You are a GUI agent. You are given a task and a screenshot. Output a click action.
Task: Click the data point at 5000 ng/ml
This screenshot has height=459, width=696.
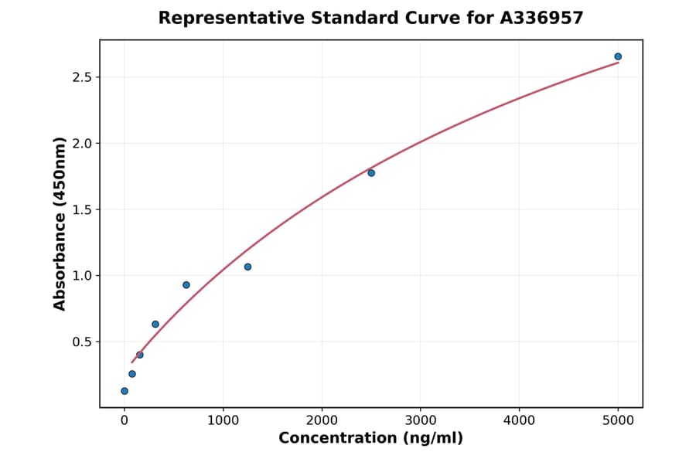click(x=618, y=56)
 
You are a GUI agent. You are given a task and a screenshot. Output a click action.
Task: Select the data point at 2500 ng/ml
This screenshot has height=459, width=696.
click(x=371, y=173)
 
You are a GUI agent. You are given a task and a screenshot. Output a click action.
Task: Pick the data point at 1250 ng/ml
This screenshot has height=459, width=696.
click(x=247, y=267)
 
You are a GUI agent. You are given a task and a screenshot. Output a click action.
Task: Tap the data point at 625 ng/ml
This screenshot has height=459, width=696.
click(x=186, y=285)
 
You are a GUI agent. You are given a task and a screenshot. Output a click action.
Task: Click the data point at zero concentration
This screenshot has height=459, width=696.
click(x=125, y=391)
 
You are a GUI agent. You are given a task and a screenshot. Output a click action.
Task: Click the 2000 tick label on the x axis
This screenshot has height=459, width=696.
click(x=322, y=420)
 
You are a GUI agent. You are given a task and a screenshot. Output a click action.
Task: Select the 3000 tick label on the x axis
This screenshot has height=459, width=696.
click(x=421, y=420)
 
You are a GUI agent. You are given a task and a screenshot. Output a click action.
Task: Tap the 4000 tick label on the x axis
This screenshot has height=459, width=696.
click(x=519, y=420)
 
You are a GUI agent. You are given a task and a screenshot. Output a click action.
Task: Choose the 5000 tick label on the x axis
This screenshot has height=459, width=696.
click(x=618, y=420)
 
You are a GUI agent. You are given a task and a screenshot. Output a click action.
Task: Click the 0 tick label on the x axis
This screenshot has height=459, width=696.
click(x=125, y=420)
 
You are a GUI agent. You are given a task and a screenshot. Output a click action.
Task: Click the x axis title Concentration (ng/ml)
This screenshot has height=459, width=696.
click(x=370, y=439)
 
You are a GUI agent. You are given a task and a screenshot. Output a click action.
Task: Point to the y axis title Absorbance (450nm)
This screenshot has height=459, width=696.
click(x=60, y=223)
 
